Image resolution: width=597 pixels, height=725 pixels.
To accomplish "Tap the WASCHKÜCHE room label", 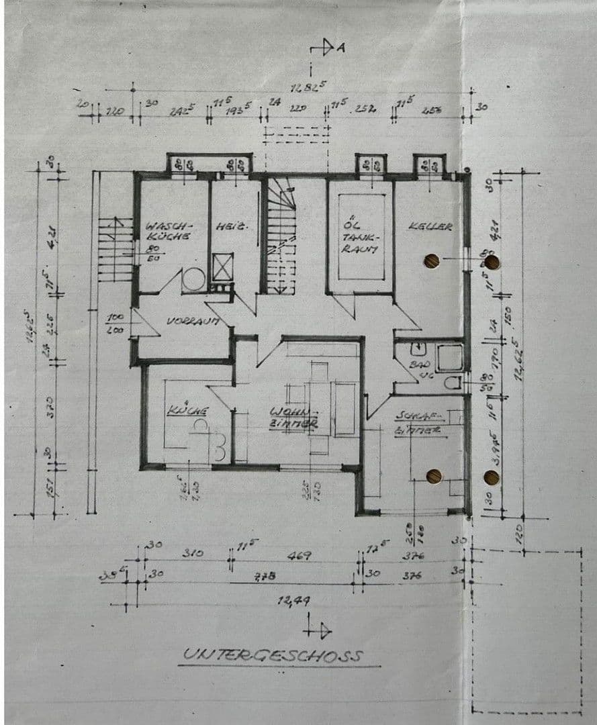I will coord(169,231).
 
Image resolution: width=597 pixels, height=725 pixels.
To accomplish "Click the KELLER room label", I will coord(430,227).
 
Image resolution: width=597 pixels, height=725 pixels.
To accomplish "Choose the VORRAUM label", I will coord(193,322).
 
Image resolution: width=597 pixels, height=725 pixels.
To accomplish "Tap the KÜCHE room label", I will coord(188,410).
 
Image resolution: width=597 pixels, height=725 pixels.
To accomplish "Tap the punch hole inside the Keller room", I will coord(431,260).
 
